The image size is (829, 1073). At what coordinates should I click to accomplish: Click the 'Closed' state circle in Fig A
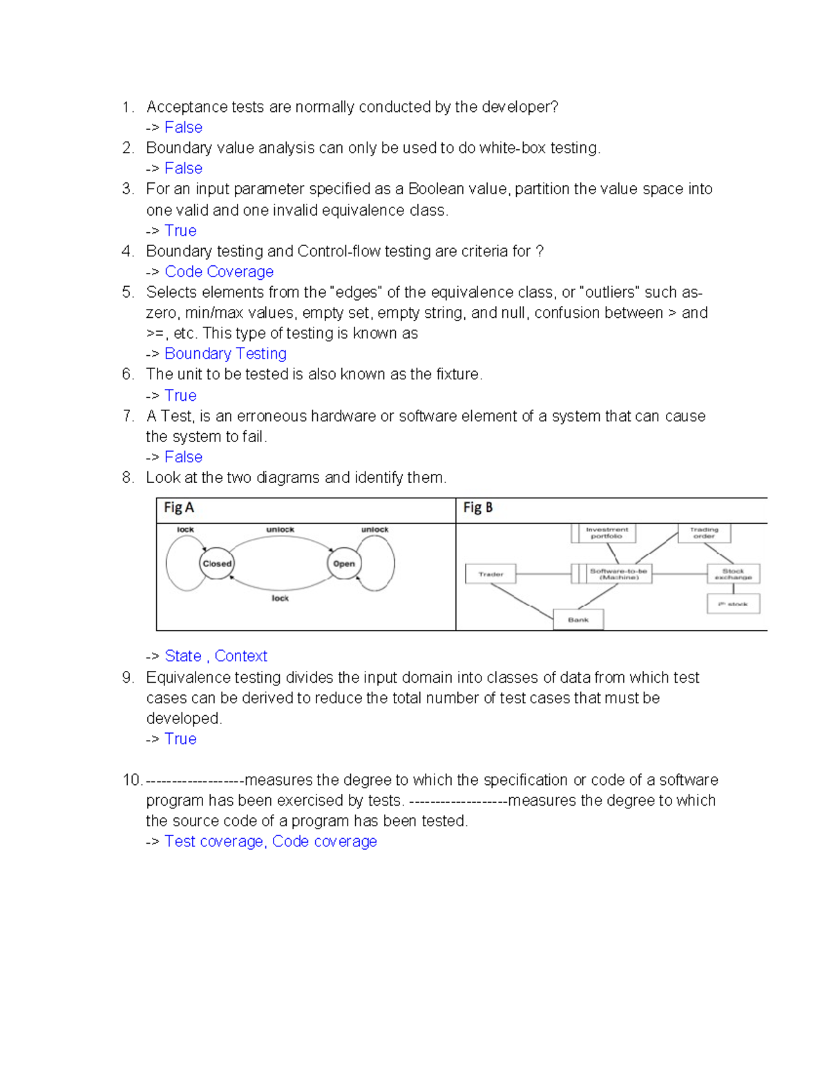217,564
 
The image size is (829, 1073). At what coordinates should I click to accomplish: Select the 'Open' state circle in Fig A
343,564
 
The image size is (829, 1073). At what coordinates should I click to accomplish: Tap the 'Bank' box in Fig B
578,620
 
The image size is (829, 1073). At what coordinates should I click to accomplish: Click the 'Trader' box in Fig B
490,574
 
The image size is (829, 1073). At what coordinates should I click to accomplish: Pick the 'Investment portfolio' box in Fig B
607,533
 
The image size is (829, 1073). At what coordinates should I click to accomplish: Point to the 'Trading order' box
704,533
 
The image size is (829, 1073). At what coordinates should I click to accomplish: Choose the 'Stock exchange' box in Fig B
733,574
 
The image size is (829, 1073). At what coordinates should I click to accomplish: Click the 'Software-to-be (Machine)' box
618,574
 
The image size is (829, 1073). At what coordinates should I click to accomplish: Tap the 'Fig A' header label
179,508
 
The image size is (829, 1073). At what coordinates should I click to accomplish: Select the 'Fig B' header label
477,508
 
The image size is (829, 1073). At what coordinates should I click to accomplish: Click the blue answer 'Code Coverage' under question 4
219,272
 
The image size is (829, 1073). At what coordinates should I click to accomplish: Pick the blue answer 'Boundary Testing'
225,354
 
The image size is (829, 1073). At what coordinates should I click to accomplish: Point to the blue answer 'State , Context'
216,656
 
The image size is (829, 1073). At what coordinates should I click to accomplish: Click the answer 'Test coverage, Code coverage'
271,842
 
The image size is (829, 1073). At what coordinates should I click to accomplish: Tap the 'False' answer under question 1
183,127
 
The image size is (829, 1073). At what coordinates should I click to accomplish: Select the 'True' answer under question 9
180,739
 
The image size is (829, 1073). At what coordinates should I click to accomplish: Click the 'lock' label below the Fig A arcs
280,598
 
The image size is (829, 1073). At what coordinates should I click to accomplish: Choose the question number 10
131,780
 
